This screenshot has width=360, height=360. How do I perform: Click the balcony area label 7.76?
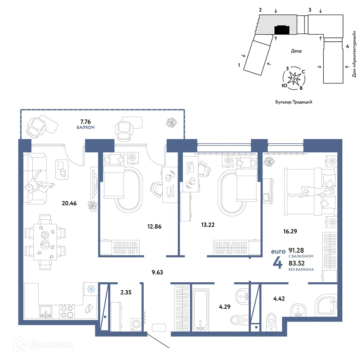pyautogui.click(x=85, y=121)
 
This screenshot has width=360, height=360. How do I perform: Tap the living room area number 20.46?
pyautogui.click(x=69, y=203)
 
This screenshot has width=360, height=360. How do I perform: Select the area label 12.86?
pyautogui.click(x=154, y=226)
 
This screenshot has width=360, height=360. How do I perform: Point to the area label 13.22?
pyautogui.click(x=208, y=225)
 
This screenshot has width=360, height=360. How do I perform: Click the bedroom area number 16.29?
pyautogui.click(x=290, y=231)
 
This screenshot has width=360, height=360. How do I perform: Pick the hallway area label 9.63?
pyautogui.click(x=157, y=272)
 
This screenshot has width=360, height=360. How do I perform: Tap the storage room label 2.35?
pyautogui.click(x=126, y=292)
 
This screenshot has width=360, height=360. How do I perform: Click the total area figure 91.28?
pyautogui.click(x=296, y=250)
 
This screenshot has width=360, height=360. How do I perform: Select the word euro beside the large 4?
pyautogui.click(x=278, y=251)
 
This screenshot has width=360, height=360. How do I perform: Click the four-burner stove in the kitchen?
pyautogui.click(x=67, y=311)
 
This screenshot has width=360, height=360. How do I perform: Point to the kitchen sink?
pyautogui.click(x=46, y=311)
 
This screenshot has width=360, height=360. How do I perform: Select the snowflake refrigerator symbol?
pyautogui.click(x=91, y=289)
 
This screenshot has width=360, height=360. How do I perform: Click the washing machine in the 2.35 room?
pyautogui.click(x=136, y=324)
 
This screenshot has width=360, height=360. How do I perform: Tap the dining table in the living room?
pyautogui.click(x=45, y=242)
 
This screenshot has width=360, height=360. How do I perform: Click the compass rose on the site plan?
pyautogui.click(x=294, y=78)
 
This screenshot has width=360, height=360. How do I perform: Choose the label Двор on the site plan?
pyautogui.click(x=296, y=51)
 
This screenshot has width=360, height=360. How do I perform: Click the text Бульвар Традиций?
pyautogui.click(x=294, y=102)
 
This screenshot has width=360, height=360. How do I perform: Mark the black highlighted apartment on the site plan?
pyautogui.click(x=282, y=30)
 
